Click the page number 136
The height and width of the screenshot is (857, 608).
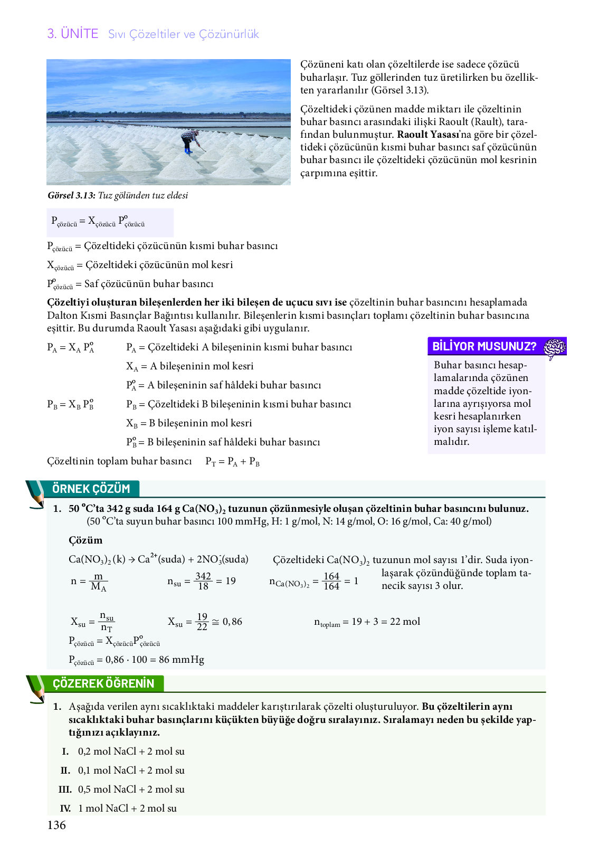[x=56, y=825]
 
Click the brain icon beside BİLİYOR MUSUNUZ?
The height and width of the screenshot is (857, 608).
[x=555, y=347]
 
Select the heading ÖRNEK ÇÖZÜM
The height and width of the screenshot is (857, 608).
[x=91, y=489]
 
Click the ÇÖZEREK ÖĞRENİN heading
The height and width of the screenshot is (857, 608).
[x=103, y=683]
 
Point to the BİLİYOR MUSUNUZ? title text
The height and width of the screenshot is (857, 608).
[x=484, y=347]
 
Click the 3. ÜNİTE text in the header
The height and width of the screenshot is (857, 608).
[x=73, y=34]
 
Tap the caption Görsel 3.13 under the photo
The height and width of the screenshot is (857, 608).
[x=118, y=195]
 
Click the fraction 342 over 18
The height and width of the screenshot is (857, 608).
[x=203, y=581]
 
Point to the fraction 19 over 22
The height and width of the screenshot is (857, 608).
[x=202, y=622]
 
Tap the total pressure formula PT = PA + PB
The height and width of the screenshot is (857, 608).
[x=232, y=462]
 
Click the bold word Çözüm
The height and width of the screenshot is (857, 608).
[x=85, y=540]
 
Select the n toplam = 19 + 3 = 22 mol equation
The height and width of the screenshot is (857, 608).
[x=367, y=622]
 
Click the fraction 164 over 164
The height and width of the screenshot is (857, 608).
[x=331, y=582]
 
